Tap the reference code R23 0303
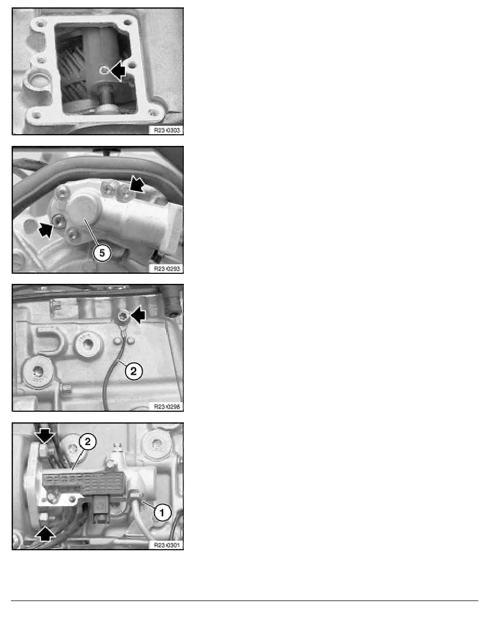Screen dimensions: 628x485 [x=165, y=130]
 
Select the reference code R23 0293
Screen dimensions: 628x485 [x=165, y=268]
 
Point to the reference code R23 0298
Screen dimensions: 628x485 [x=165, y=406]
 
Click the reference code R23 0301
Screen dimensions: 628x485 [x=165, y=544]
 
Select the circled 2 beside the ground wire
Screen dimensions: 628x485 [x=133, y=372]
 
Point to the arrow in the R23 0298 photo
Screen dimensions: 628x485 [x=138, y=316]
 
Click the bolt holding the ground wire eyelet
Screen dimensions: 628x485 [x=123, y=317]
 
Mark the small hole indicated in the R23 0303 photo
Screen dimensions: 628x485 [x=106, y=70]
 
